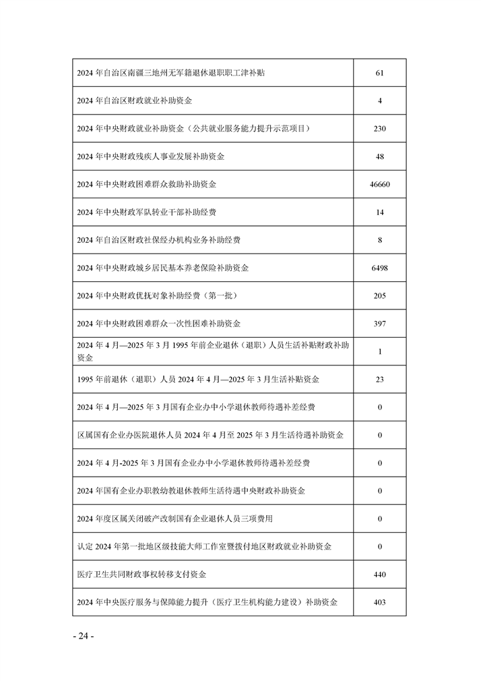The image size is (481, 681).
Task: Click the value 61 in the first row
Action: (380, 73)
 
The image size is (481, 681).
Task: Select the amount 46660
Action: (380, 184)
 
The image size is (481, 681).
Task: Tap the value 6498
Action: (380, 268)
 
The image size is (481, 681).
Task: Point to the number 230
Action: (380, 128)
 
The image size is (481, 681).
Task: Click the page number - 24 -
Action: (83, 636)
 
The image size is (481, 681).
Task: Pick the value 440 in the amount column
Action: (380, 574)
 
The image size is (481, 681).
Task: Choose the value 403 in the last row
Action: (380, 602)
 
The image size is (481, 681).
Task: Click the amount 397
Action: (380, 324)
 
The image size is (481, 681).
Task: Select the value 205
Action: (380, 296)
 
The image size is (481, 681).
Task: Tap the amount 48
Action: (380, 156)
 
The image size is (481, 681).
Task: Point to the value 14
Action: (380, 212)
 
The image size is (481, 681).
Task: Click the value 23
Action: (380, 380)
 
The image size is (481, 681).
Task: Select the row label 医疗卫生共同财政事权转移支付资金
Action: (142, 574)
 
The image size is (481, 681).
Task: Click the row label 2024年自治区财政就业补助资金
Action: (135, 100)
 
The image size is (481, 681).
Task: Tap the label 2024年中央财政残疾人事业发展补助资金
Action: (151, 156)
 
